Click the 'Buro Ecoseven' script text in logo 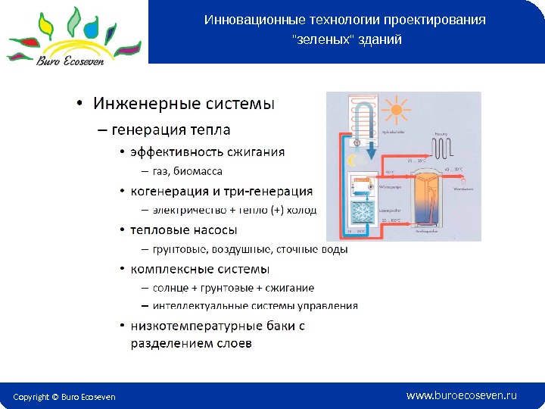[71, 61]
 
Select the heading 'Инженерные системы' [183, 101]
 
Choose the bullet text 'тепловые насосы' [184, 229]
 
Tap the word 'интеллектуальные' [198, 307]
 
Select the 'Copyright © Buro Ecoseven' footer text [64, 397]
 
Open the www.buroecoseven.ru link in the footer [461, 395]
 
